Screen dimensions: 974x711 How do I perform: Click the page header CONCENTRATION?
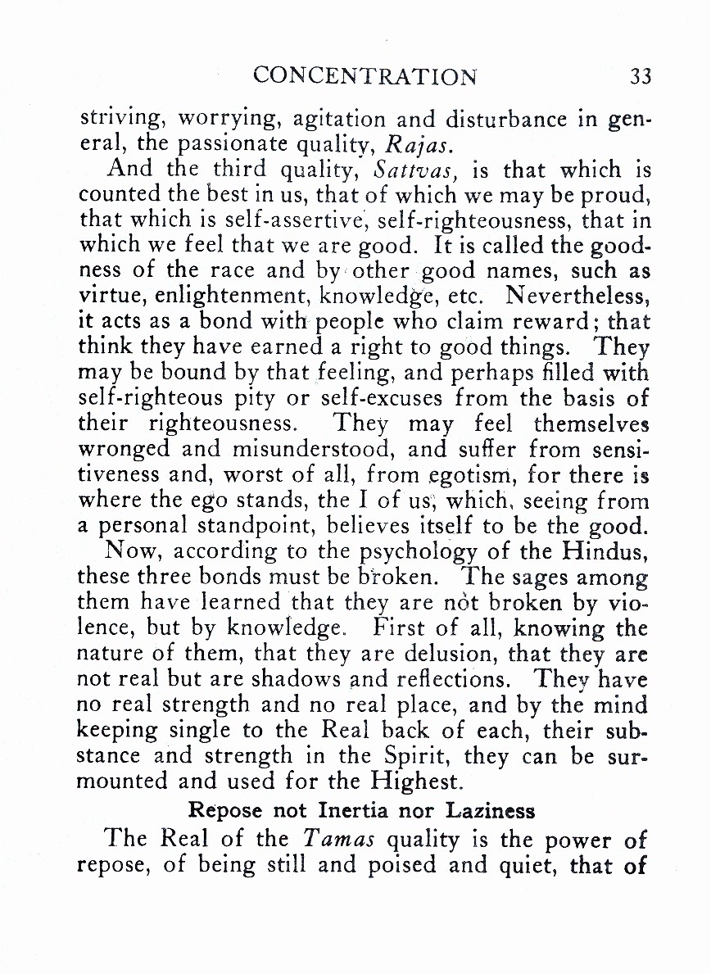(365, 76)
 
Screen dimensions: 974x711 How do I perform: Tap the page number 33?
(641, 76)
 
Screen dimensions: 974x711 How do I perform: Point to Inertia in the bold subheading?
(330, 812)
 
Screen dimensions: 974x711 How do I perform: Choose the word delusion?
(448, 655)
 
